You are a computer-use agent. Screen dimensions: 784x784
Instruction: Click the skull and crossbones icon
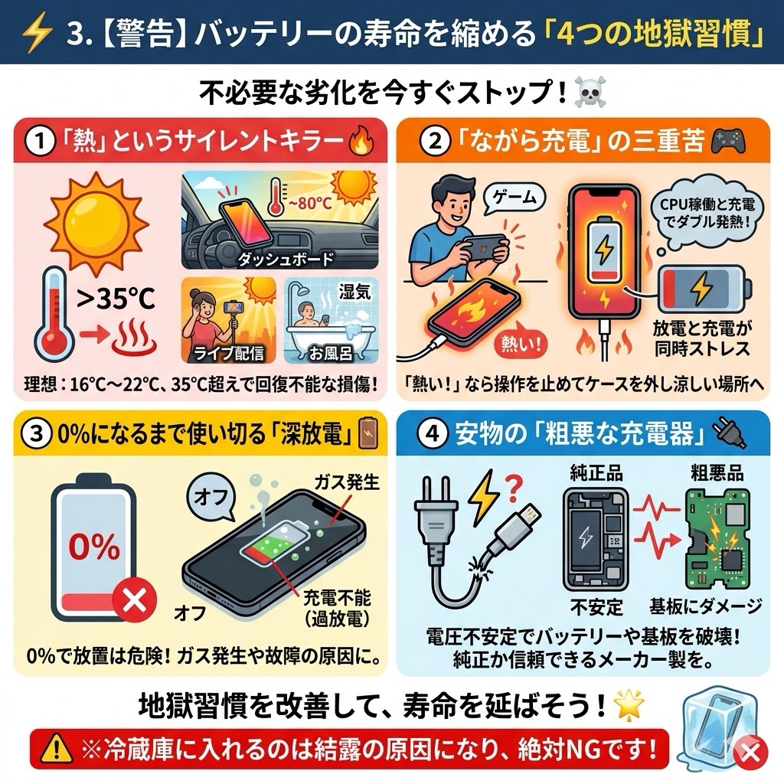pyautogui.click(x=590, y=93)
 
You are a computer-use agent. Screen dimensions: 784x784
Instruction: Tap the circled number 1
pyautogui.click(x=40, y=142)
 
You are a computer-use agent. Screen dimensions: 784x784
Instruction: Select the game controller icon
pyautogui.click(x=728, y=142)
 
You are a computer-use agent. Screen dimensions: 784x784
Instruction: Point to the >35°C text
pyautogui.click(x=116, y=299)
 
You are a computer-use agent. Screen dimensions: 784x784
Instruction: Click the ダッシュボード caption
pyautogui.click(x=285, y=259)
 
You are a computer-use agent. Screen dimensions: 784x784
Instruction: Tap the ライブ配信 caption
pyautogui.click(x=228, y=354)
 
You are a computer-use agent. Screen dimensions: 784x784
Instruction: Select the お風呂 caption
pyautogui.click(x=330, y=354)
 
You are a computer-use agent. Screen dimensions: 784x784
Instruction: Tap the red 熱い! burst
pyautogui.click(x=521, y=344)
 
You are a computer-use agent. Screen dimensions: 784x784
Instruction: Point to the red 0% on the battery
pyautogui.click(x=94, y=547)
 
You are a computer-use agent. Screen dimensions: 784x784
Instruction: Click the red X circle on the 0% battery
pyautogui.click(x=135, y=599)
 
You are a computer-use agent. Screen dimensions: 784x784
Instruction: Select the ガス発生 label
pyautogui.click(x=347, y=482)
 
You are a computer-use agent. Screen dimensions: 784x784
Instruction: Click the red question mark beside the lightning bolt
pyautogui.click(x=513, y=488)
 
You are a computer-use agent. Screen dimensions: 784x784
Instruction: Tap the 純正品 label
pyautogui.click(x=596, y=472)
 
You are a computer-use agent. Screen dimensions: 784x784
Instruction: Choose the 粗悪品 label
pyautogui.click(x=717, y=472)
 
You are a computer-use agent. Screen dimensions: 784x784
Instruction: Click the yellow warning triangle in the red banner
pyautogui.click(x=57, y=749)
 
